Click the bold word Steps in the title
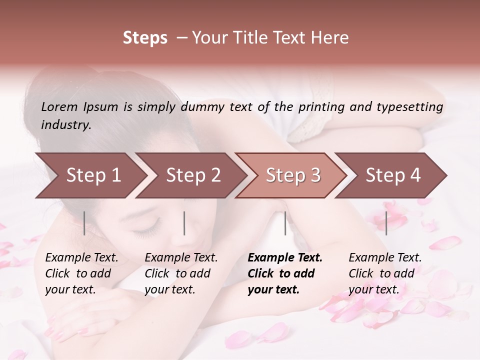(145, 38)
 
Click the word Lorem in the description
(59, 107)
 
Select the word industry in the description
(65, 125)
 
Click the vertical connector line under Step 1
(84, 223)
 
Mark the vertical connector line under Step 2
(184, 223)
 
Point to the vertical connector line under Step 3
(285, 223)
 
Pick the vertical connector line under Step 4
(386, 223)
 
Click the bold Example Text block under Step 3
(284, 273)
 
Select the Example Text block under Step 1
(81, 273)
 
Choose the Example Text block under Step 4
(385, 273)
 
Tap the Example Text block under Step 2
(181, 273)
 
